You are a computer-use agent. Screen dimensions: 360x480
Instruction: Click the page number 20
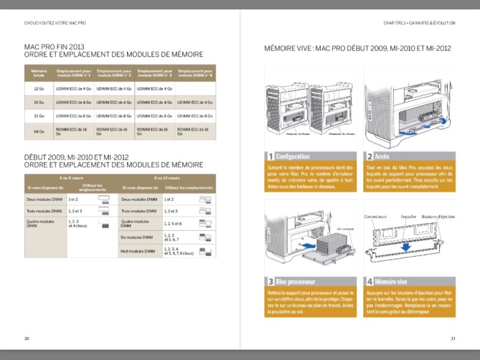pos(27,338)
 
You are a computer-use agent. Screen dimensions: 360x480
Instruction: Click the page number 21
pos(453,338)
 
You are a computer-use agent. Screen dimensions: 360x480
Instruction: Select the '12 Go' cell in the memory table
pos(39,88)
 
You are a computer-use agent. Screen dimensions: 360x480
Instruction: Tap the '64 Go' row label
pos(39,131)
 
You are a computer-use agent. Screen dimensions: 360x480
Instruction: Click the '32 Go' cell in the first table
pos(39,115)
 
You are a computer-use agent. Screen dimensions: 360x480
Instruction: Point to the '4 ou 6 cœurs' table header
pos(70,177)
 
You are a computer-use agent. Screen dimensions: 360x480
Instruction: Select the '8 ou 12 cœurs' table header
pos(166,177)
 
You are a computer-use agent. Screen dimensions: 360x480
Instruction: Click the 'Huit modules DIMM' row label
pos(138,251)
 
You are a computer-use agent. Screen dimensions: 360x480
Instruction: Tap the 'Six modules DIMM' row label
pos(138,237)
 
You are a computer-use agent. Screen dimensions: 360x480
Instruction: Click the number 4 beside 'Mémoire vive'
pos(369,282)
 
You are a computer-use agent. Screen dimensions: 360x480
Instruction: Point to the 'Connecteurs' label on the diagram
pos(375,216)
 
